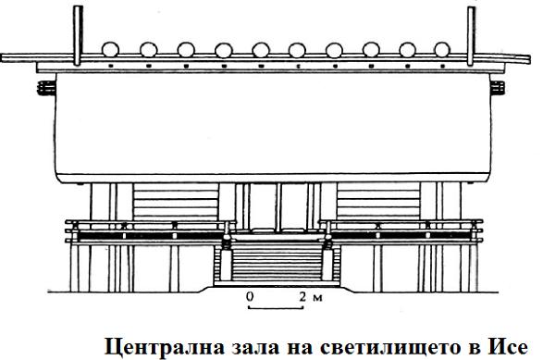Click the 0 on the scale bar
pos(250,297)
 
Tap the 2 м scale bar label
pos(311,297)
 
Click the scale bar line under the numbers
pos(276,307)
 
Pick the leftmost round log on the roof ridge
pos(110,49)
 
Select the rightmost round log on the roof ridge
pos(442,49)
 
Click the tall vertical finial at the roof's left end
pos(78,35)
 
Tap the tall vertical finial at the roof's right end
pos(471,36)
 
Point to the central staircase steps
pos(277,261)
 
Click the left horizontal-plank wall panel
pos(176,202)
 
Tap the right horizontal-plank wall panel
pos(378,202)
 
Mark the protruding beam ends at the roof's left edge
pos(46,88)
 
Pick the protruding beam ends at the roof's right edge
pos(498,88)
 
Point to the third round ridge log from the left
pos(186,49)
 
